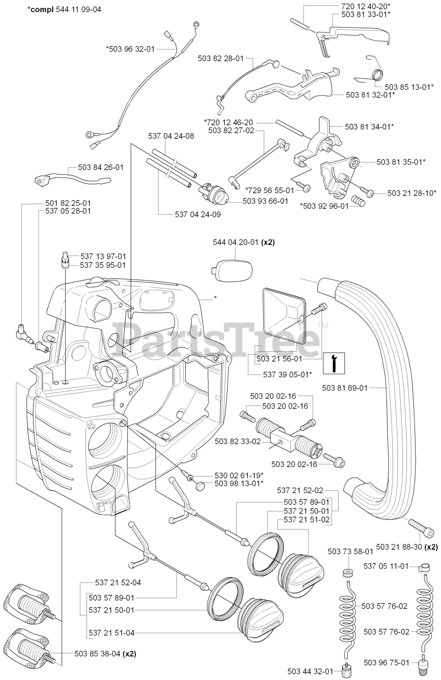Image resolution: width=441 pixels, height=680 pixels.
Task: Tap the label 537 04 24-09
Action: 197,215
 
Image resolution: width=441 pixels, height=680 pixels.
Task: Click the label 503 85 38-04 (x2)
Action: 105,654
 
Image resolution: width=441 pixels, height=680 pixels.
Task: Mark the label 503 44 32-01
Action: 310,670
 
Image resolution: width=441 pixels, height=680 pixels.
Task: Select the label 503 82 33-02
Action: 237,441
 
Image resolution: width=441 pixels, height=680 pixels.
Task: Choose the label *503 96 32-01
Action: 130,49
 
